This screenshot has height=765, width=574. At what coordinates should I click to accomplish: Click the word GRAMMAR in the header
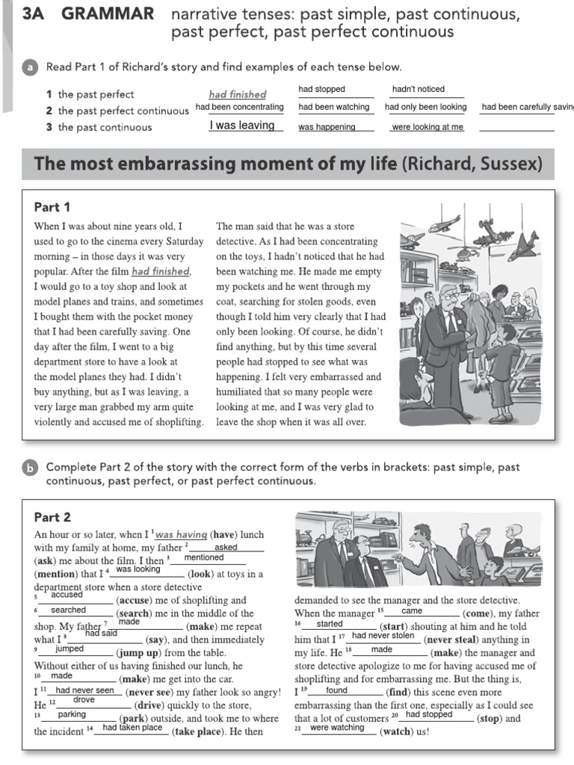click(x=108, y=13)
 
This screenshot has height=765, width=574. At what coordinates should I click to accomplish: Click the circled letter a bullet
click(x=30, y=67)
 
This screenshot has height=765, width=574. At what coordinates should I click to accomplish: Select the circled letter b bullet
click(x=30, y=468)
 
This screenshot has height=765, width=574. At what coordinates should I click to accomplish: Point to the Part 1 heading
click(x=52, y=207)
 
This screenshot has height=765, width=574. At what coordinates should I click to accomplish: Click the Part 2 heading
click(x=52, y=517)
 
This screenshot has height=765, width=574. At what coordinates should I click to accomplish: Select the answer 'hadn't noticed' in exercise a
click(x=418, y=90)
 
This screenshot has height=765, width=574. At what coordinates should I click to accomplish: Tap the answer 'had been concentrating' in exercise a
click(x=240, y=108)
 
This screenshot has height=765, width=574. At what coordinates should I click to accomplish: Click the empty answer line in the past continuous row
click(x=516, y=127)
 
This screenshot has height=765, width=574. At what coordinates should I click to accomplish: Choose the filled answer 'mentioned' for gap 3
click(x=203, y=557)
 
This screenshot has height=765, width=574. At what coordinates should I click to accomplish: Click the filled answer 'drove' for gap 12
click(x=84, y=700)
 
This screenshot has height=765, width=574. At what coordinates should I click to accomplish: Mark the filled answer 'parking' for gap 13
click(x=72, y=714)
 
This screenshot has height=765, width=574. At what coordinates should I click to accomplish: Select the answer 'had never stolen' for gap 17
click(x=383, y=636)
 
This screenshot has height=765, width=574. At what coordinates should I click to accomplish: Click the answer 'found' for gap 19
click(x=337, y=690)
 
